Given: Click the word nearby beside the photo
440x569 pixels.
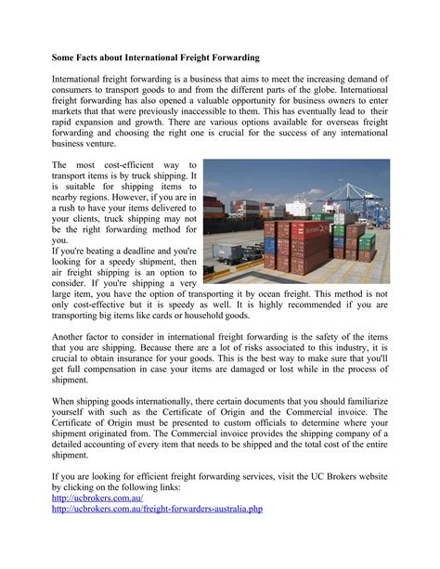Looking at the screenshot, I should (x=70, y=198).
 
